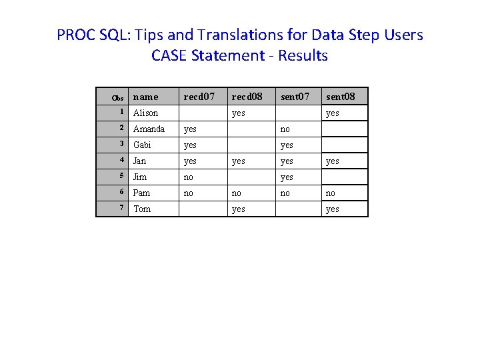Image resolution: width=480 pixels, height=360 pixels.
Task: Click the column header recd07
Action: pyautogui.click(x=199, y=97)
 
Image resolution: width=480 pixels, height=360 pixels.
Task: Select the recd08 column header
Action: pyautogui.click(x=247, y=97)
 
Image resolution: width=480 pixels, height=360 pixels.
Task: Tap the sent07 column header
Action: pyautogui.click(x=295, y=97)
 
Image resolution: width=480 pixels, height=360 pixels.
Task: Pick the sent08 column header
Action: pyautogui.click(x=341, y=97)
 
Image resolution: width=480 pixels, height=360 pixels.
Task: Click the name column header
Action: pyautogui.click(x=146, y=97)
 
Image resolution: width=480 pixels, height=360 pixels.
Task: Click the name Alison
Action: pyautogui.click(x=145, y=113)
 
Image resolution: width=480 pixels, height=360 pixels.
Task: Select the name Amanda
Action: pyautogui.click(x=149, y=129)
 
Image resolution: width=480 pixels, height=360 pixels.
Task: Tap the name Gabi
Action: pyautogui.click(x=142, y=145)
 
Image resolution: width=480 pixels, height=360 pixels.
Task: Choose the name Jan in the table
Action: pyautogui.click(x=139, y=161)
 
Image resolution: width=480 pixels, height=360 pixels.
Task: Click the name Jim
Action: pyautogui.click(x=139, y=177)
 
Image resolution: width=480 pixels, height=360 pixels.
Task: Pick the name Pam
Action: pyautogui.click(x=141, y=193)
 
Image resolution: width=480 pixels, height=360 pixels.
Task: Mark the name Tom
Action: pyautogui.click(x=142, y=209)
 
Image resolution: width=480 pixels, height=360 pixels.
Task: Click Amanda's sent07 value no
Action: pyautogui.click(x=285, y=129)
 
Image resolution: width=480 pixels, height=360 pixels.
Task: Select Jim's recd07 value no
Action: pyautogui.click(x=189, y=177)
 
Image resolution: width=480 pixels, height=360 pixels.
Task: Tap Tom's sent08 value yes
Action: pyautogui.click(x=332, y=209)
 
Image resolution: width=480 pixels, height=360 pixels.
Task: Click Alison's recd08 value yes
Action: pyautogui.click(x=238, y=113)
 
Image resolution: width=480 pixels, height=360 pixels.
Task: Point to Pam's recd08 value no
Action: pyautogui.click(x=237, y=193)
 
